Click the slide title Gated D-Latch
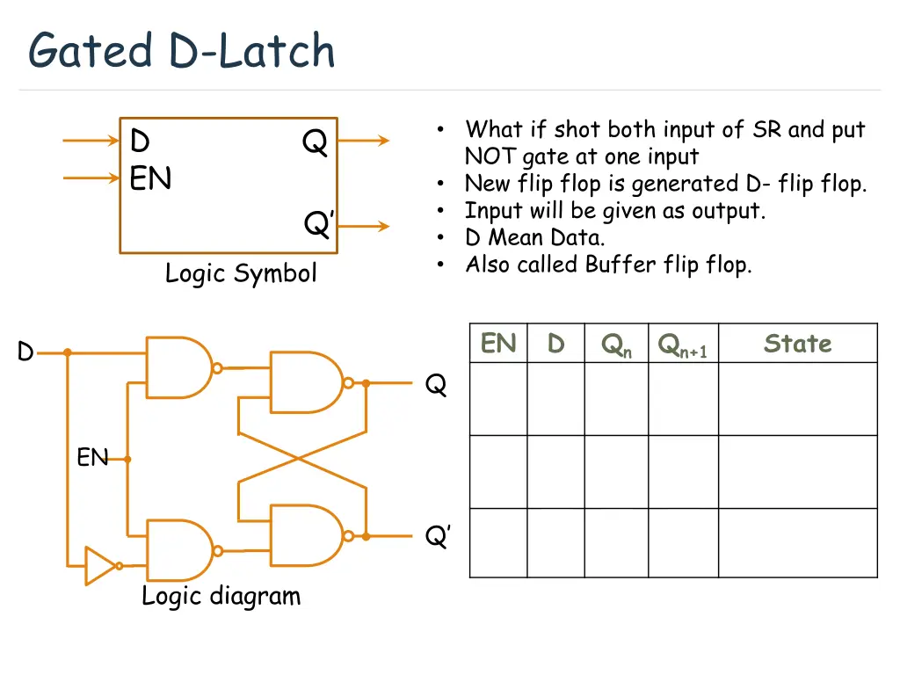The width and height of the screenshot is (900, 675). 181,50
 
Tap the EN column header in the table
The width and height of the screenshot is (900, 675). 498,344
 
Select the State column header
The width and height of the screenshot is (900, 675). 797,344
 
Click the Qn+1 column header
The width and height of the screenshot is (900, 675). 683,345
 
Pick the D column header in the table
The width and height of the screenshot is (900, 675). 555,344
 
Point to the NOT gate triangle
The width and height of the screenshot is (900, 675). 99,565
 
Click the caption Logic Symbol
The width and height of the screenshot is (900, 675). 241,273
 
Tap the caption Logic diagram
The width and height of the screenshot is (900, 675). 221,596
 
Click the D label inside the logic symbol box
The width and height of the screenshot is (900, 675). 140,142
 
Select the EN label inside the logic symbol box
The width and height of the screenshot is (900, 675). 150,179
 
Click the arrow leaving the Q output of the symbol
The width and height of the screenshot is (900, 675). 364,141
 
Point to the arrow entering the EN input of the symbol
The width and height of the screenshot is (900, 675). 91,178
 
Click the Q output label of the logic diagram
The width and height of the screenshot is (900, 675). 436,385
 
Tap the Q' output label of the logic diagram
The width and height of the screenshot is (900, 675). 438,536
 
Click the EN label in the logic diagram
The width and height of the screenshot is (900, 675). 91,457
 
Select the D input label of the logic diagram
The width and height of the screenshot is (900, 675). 25,352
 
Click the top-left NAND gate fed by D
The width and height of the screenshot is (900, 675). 179,367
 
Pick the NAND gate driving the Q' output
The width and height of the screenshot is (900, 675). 306,534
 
